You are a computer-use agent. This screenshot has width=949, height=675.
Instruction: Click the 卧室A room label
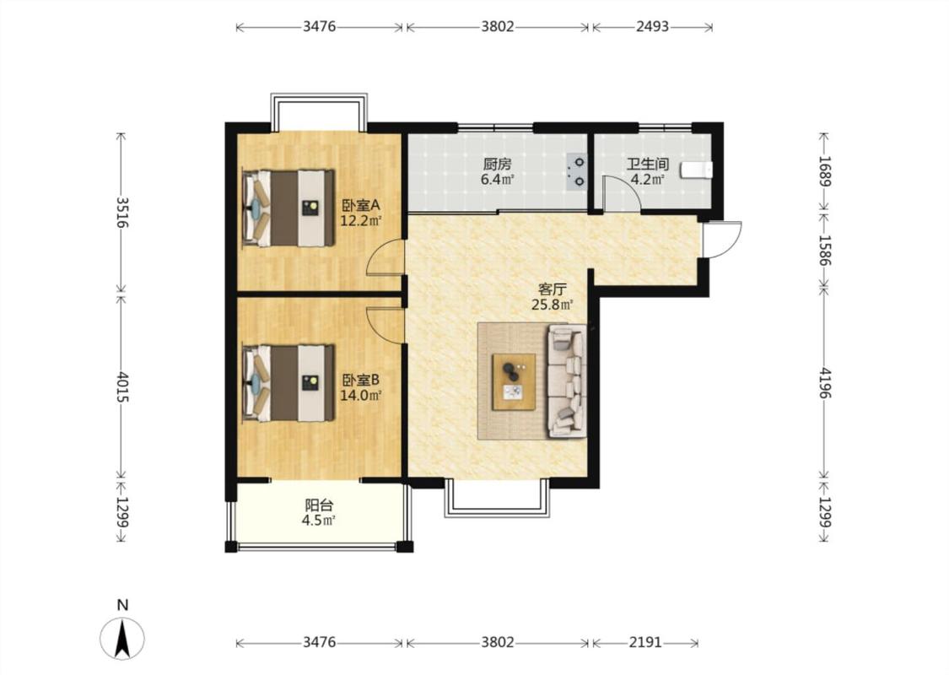click(361, 205)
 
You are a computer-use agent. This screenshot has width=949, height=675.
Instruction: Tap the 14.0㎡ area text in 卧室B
click(361, 396)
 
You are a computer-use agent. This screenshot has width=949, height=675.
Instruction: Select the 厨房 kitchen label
click(498, 164)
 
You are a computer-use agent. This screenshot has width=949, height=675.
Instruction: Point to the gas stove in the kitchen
click(577, 171)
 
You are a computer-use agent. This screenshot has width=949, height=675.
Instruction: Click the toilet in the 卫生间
click(697, 170)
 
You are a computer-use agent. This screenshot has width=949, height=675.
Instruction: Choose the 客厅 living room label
click(553, 289)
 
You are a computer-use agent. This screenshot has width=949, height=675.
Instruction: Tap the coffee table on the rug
click(514, 382)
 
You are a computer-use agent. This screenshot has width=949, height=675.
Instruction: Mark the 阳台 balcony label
click(319, 505)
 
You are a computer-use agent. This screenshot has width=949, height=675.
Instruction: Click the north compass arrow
click(123, 639)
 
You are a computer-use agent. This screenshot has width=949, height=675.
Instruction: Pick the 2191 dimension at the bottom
click(645, 642)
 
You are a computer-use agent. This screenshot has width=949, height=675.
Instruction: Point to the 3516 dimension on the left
click(122, 212)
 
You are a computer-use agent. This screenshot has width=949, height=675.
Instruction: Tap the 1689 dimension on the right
click(825, 171)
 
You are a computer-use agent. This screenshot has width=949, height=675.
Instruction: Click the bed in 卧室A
click(288, 208)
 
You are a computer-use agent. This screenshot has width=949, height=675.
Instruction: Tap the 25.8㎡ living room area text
click(553, 305)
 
